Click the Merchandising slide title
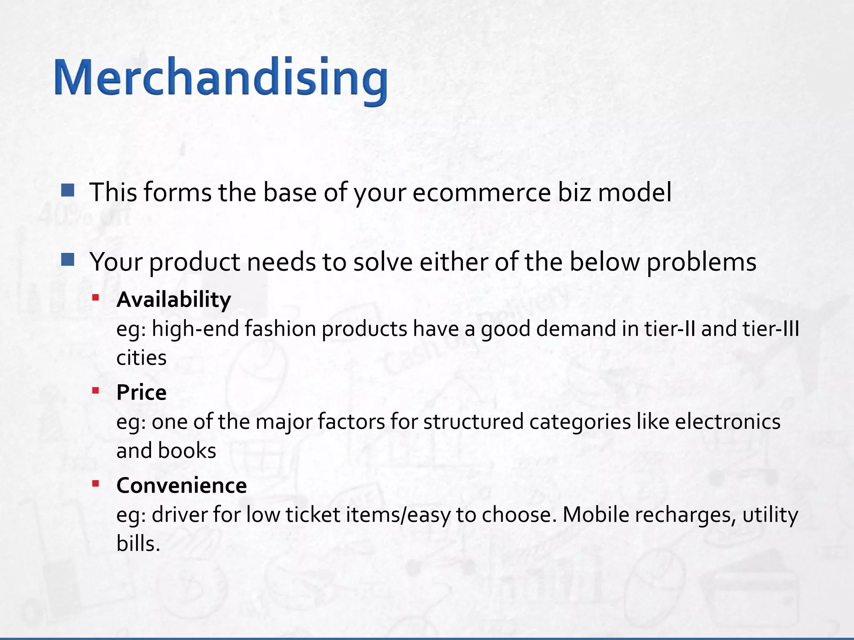point(221,79)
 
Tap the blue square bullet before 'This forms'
point(68,190)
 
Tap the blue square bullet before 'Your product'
point(68,260)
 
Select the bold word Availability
point(173,300)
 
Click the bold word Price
point(141,392)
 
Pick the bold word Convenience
point(181,486)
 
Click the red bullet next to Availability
point(95,297)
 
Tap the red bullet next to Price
point(95,390)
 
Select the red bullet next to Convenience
point(95,483)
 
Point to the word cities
point(141,358)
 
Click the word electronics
point(728,422)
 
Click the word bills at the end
point(138,544)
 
